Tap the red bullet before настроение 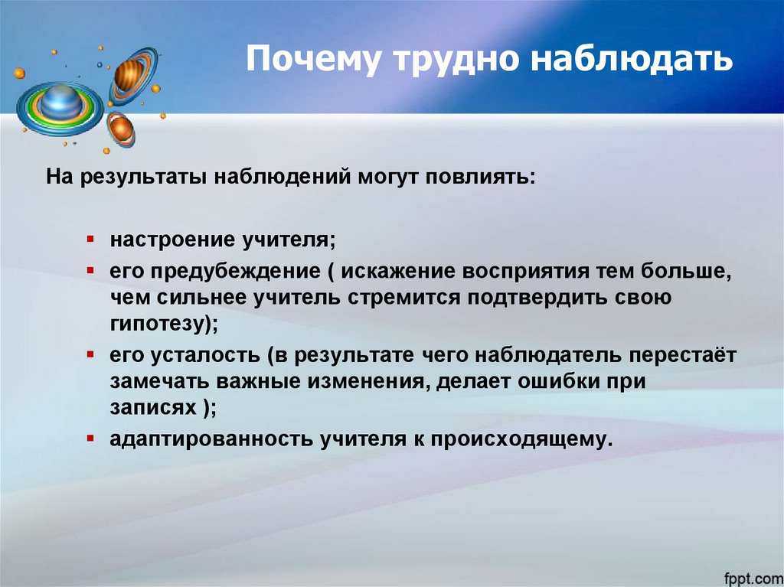(90, 239)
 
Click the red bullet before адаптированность (90, 439)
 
